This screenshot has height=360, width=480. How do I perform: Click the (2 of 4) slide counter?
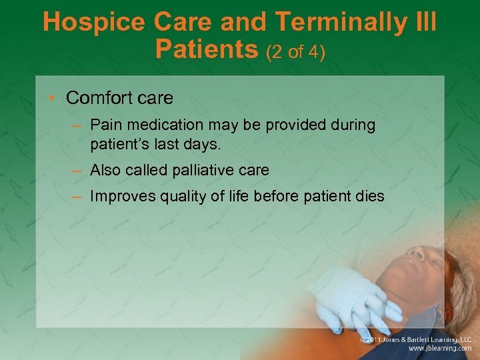pos(295,51)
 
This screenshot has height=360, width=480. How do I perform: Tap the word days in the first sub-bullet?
pos(201,143)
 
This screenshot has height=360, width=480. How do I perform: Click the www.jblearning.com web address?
pos(440,348)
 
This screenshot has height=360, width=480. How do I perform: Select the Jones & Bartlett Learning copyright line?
pos(415,339)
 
